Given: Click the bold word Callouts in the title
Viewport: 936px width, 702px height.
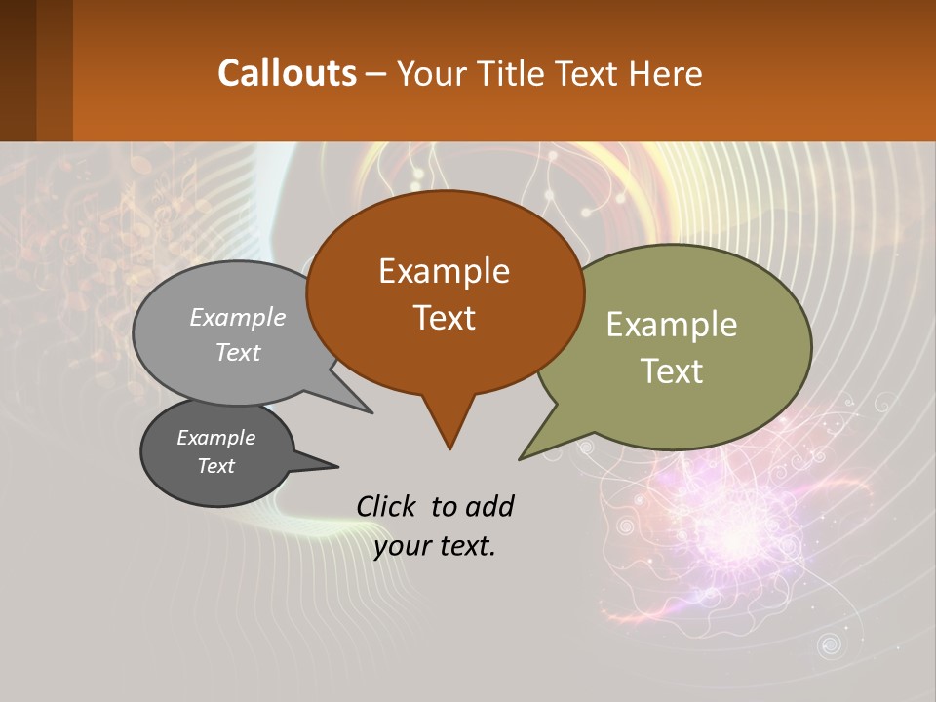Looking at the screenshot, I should pos(287,73).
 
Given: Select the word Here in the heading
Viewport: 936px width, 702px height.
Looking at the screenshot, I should pos(666,73).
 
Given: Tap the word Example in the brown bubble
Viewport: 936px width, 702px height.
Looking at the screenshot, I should pos(444,271).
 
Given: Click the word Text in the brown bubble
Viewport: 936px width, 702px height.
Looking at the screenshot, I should pos(444,318).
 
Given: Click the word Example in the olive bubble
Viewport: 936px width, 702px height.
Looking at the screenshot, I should pos(672,325).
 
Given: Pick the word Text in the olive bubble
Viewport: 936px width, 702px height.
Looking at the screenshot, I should pos(672,371).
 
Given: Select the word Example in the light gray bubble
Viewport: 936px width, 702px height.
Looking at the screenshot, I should pos(238,317).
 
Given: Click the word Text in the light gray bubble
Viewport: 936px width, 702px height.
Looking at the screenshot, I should pos(238,352).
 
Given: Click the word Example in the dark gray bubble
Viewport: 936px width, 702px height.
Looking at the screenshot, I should pos(215,438).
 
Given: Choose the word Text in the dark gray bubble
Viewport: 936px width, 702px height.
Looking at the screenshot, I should pos(215,466).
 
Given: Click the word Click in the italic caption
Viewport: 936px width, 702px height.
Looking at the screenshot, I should pos(387,506).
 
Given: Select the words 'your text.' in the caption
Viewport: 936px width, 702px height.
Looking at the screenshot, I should pos(435,546).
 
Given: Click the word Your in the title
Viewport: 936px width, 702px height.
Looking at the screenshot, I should pos(433,73).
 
